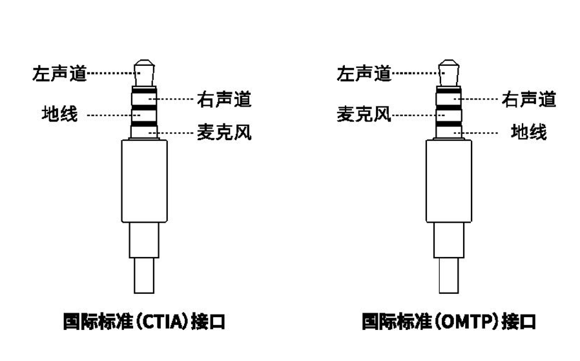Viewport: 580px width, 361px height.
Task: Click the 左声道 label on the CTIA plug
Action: click(x=59, y=73)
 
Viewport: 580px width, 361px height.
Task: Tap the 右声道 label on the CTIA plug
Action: click(x=223, y=99)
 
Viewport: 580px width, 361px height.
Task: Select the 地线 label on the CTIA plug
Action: click(x=59, y=115)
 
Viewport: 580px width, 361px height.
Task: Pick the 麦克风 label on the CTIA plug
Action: click(x=223, y=133)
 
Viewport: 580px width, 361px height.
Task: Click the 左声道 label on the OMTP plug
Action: click(x=364, y=73)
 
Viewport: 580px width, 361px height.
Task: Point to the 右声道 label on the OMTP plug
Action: click(x=529, y=99)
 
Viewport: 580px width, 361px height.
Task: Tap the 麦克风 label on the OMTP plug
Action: click(x=364, y=115)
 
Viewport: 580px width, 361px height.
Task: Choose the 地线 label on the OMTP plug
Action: click(x=529, y=132)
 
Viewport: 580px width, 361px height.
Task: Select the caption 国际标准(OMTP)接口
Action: click(x=448, y=321)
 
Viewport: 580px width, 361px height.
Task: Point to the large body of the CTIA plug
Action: click(x=144, y=181)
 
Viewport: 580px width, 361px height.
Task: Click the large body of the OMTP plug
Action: click(x=449, y=181)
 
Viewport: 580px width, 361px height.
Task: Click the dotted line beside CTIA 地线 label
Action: click(x=110, y=116)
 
